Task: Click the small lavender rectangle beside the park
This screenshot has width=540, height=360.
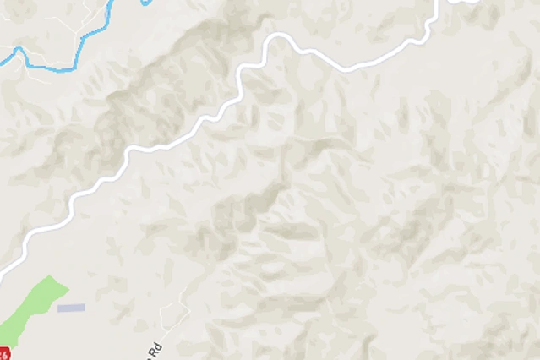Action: coord(71,308)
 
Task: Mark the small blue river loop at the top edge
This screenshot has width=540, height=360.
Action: coord(147,3)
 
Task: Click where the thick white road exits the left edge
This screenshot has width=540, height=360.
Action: coord(2,273)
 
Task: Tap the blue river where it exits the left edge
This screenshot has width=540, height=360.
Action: coord(2,60)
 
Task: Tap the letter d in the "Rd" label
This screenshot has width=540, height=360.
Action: coord(156,346)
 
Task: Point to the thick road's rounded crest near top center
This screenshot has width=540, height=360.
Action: coord(279,37)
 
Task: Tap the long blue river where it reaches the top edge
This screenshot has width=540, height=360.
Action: coord(115,2)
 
